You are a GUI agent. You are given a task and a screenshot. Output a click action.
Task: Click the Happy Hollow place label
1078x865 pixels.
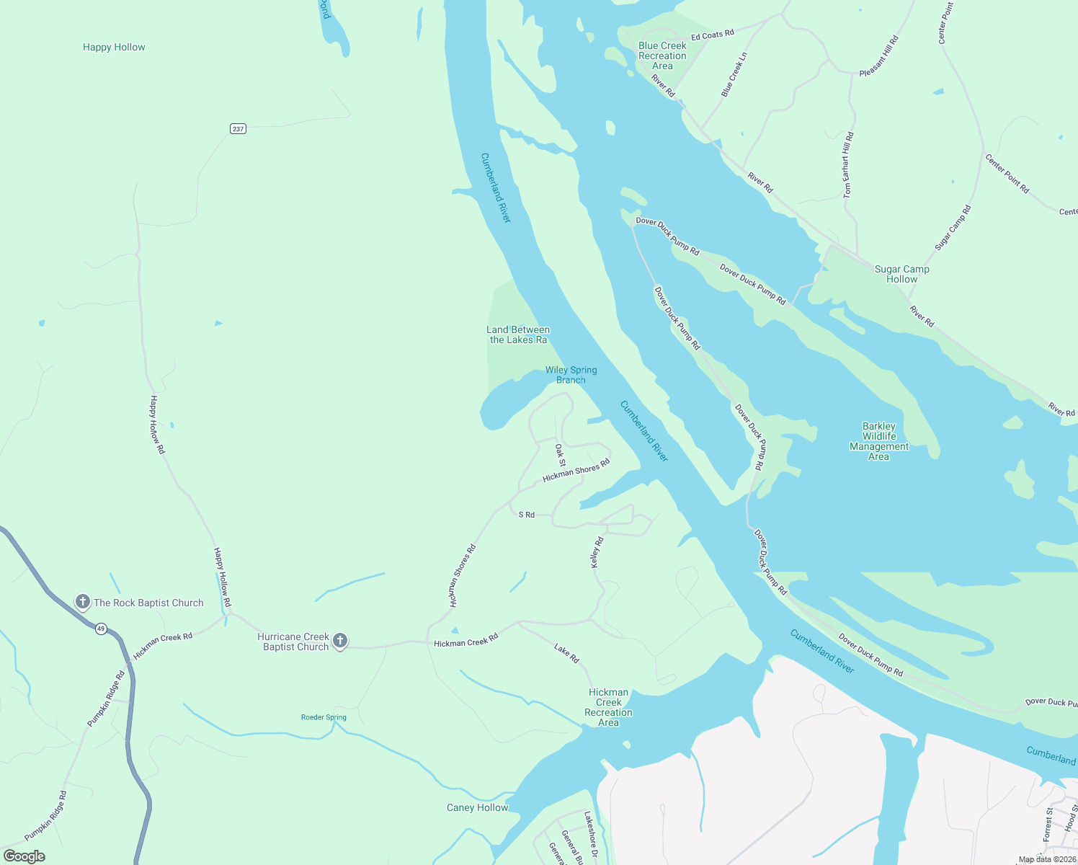click(x=114, y=47)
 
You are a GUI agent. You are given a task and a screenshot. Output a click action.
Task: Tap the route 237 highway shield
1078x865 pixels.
click(x=239, y=128)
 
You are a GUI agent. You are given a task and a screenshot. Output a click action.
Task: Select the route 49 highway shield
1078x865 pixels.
click(x=101, y=629)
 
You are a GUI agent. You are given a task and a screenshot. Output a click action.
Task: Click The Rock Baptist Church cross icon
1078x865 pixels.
click(x=83, y=602)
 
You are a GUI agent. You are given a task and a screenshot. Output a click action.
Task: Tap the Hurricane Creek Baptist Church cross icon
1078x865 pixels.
click(x=340, y=641)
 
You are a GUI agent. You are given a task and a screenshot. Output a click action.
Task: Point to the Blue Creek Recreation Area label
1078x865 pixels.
click(x=662, y=56)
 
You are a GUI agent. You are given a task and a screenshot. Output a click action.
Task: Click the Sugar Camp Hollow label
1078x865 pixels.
click(x=901, y=274)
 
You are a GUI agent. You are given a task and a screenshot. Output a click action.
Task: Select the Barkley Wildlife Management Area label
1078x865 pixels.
click(x=879, y=441)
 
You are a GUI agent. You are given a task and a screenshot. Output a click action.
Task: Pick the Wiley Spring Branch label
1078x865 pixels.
click(x=571, y=375)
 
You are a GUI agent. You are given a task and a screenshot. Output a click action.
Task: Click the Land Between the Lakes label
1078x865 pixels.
click(x=518, y=334)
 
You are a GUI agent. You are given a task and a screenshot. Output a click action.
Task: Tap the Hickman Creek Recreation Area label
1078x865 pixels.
click(x=608, y=707)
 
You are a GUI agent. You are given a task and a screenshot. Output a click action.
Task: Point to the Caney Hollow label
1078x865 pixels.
click(x=477, y=807)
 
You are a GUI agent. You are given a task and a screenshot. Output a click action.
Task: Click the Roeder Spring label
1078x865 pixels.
click(x=324, y=717)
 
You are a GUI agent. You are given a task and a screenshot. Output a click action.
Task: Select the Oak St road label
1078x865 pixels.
click(x=561, y=455)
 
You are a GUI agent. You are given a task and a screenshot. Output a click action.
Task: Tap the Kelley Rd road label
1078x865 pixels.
click(x=596, y=552)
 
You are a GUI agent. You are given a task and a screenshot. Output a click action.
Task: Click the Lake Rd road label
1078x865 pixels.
click(x=566, y=653)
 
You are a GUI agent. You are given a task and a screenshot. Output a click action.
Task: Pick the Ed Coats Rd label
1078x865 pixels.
click(x=712, y=35)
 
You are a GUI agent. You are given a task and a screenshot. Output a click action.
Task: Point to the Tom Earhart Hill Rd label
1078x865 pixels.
click(x=848, y=165)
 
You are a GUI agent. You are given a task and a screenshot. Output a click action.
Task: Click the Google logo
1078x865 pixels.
click(x=24, y=856)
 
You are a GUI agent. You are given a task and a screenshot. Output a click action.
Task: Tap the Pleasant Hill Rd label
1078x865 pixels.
click(x=879, y=56)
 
